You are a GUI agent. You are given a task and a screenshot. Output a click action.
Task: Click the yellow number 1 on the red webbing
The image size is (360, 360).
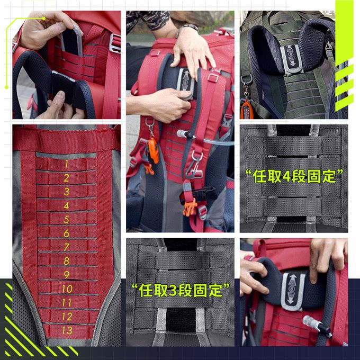(66, 164)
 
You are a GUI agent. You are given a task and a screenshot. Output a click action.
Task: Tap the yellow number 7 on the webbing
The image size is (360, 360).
(66, 247)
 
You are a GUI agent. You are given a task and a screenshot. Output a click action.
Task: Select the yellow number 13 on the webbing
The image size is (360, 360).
(67, 330)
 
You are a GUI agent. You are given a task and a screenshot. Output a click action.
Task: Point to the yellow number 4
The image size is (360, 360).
(66, 205)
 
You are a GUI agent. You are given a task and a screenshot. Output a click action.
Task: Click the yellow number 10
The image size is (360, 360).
(67, 289)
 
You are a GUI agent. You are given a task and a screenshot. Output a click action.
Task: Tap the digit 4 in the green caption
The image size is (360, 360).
(287, 177)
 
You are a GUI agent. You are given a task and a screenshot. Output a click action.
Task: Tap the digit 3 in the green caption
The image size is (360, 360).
(175, 290)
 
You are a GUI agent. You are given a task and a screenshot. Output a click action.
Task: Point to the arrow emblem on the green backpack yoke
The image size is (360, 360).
(291, 55)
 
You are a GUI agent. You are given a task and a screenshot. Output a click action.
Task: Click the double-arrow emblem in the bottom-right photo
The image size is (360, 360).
(293, 290)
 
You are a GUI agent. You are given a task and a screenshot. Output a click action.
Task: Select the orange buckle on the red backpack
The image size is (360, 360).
(189, 206)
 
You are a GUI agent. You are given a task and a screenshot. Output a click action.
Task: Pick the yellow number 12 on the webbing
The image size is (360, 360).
(67, 317)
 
